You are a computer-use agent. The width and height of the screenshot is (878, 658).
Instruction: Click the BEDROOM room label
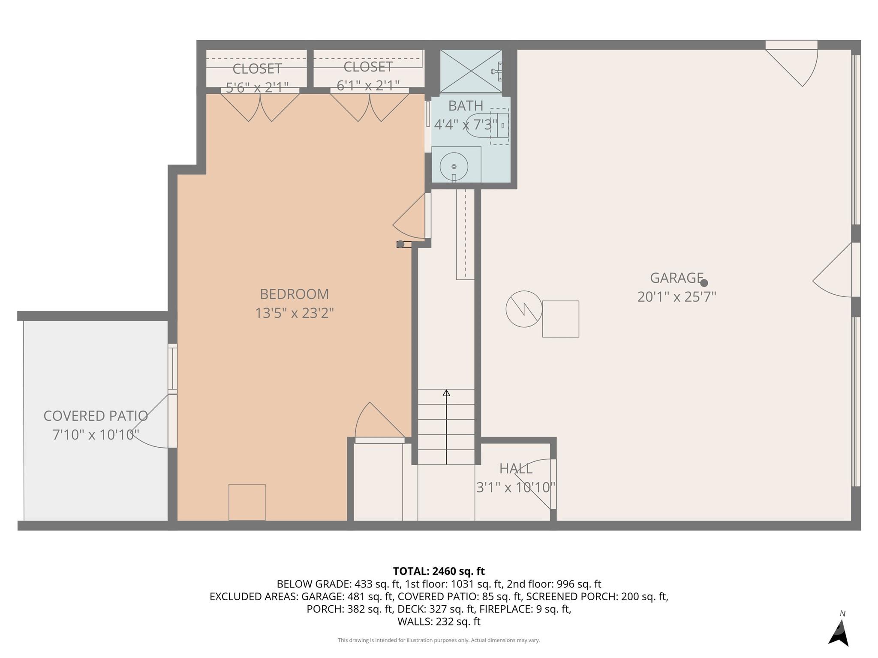[294, 294]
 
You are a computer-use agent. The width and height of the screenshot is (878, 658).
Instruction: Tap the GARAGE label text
[676, 278]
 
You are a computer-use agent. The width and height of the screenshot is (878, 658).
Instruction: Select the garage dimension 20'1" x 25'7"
[677, 297]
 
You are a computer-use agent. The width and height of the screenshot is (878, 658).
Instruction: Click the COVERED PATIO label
[96, 416]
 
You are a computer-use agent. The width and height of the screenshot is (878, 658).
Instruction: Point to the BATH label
[465, 106]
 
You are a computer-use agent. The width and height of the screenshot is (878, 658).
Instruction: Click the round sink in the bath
[454, 166]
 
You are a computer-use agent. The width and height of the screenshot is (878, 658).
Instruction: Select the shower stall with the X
[470, 71]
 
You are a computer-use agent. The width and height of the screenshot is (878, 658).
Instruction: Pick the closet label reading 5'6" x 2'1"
[257, 87]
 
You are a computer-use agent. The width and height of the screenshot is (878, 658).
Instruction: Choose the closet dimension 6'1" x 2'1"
[368, 86]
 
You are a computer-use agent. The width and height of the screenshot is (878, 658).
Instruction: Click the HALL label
[516, 469]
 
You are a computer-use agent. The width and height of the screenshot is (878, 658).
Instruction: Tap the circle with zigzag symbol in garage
[524, 309]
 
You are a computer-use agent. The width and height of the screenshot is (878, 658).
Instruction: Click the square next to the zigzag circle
[560, 319]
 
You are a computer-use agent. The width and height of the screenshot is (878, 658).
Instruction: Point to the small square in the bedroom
[247, 502]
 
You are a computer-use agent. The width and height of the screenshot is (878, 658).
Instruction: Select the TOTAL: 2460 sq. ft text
[439, 571]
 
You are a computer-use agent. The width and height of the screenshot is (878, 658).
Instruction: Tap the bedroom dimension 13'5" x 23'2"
[294, 314]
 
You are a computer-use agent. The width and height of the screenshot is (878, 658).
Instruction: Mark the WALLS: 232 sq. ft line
[439, 622]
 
